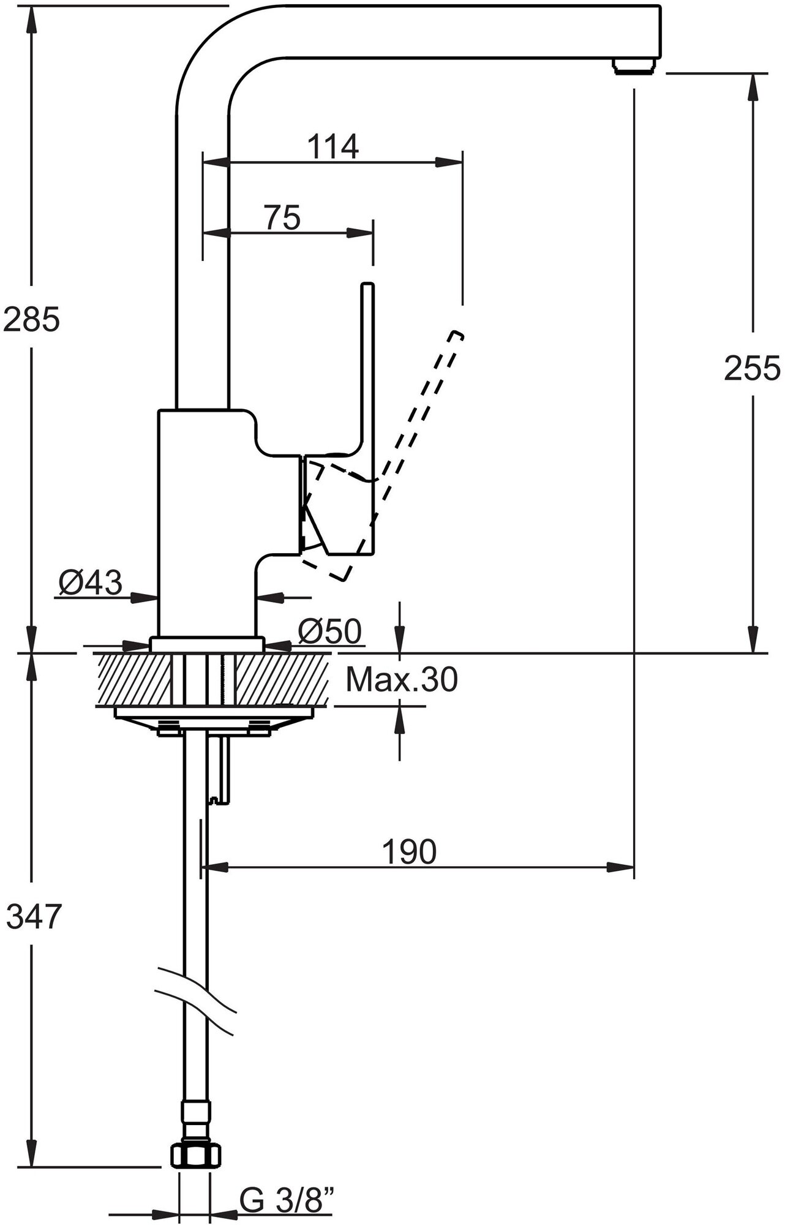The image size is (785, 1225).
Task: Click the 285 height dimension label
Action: click(x=31, y=320)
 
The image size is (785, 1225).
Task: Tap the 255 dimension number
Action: click(x=752, y=369)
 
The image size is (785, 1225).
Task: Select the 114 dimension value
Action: click(x=332, y=147)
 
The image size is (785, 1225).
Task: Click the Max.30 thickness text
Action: click(x=402, y=680)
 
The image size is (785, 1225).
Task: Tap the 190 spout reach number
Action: click(x=409, y=851)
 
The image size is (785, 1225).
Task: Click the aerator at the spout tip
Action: click(x=634, y=66)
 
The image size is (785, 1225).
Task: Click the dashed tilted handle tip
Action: click(x=455, y=336)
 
